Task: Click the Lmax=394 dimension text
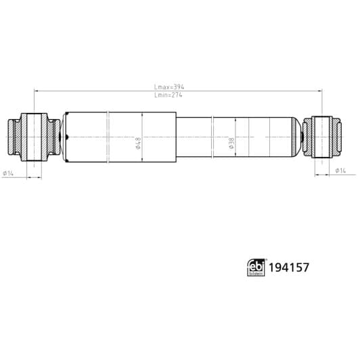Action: pos(170,87)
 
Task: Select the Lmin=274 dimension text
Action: pos(169,95)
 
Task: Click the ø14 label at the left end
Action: pos(8,173)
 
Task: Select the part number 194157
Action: pos(289,267)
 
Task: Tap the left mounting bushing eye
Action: pos(32,137)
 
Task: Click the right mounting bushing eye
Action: pos(322,137)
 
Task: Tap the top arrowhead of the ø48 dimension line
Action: pos(142,115)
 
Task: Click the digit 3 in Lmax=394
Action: pos(175,87)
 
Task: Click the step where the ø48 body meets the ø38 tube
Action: pos(176,137)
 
